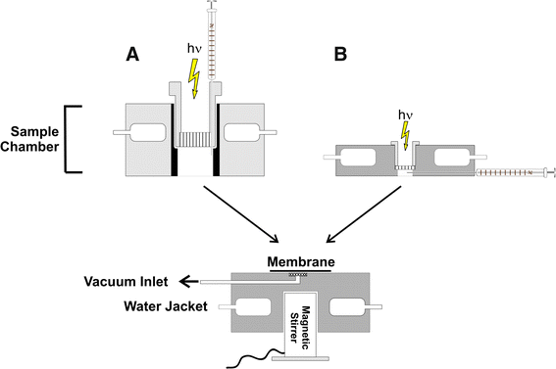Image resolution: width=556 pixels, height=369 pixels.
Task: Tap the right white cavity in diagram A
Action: pyautogui.click(x=246, y=131)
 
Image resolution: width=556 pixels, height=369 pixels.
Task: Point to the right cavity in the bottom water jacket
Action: pyautogui.click(x=347, y=304)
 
